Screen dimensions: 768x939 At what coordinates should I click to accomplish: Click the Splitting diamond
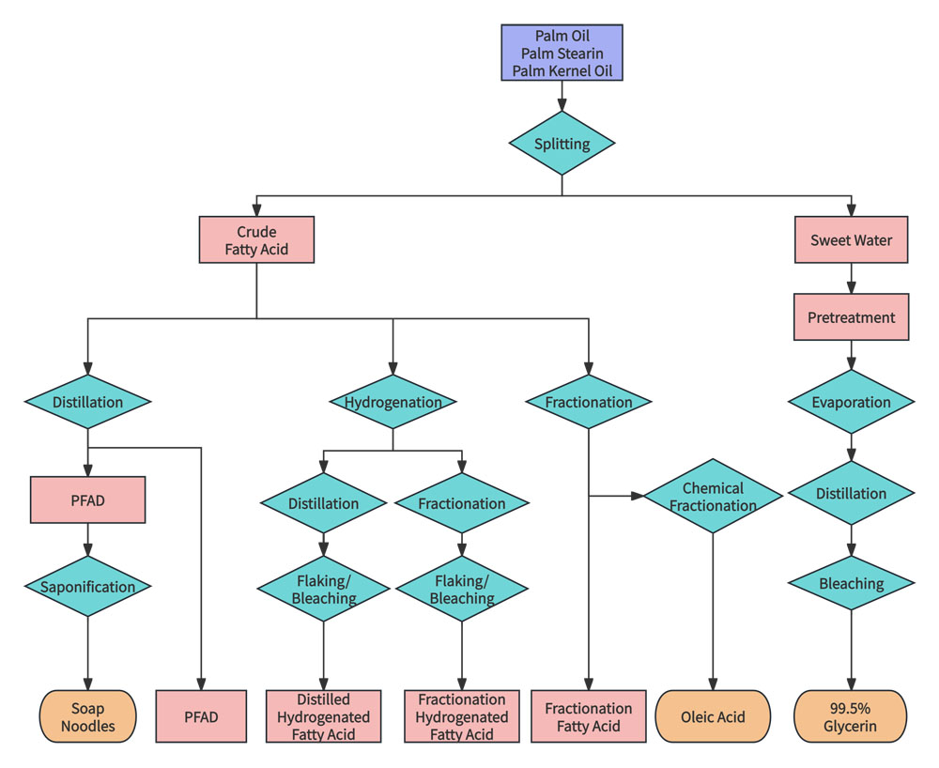coord(562,144)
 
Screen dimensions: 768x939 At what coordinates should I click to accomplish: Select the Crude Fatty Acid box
coord(256,240)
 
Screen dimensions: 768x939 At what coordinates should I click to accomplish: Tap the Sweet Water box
coord(852,240)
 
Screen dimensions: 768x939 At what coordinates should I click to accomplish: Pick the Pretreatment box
coord(852,317)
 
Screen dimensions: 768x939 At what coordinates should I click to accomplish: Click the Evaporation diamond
coord(852,402)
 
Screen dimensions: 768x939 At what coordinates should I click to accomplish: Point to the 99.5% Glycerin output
coord(852,717)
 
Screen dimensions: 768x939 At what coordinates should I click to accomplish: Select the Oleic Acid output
coord(713,717)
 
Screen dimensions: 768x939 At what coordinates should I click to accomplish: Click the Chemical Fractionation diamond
coord(713,496)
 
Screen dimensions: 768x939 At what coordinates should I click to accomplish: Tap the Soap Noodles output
coord(88,717)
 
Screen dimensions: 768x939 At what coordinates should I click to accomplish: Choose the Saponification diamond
coord(88,587)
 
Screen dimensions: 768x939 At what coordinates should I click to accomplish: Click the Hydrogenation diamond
coord(393,402)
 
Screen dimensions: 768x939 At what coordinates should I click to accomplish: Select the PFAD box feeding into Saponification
coord(88,499)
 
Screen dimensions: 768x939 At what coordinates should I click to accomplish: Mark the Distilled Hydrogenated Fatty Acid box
coord(324,717)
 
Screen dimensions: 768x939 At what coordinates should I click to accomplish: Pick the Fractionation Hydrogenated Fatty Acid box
coord(461,717)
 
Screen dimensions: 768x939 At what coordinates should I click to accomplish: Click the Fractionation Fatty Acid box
coord(589,717)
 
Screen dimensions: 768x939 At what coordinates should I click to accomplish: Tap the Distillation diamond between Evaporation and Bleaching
coord(852,493)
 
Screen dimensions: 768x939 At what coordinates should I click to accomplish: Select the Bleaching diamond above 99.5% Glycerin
coord(852,583)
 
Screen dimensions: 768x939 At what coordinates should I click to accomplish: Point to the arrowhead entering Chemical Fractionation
coord(639,496)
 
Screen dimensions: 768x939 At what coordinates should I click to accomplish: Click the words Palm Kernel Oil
coord(562,70)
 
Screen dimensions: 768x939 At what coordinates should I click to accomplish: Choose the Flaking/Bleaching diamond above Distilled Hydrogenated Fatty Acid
coord(324,590)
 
